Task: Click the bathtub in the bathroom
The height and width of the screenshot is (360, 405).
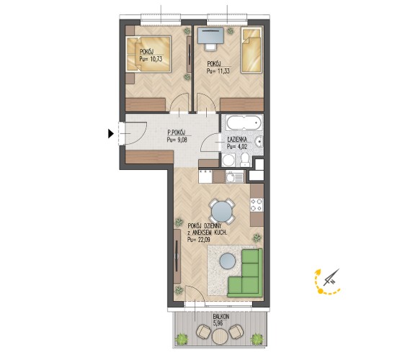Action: pyautogui.click(x=244, y=122)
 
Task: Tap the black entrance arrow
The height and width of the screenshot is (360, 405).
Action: pyautogui.click(x=111, y=134)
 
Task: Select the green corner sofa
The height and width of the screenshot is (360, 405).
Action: pyautogui.click(x=245, y=273)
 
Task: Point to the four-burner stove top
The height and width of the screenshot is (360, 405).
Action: pyautogui.click(x=257, y=204)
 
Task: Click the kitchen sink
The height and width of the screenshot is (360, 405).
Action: pyautogui.click(x=234, y=177)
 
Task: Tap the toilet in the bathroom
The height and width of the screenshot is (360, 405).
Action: pyautogui.click(x=244, y=160)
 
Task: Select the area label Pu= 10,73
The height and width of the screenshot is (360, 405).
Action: pyautogui.click(x=151, y=59)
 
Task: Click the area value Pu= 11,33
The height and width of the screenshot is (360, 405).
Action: pyautogui.click(x=218, y=71)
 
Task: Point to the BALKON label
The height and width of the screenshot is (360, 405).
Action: pyautogui.click(x=221, y=317)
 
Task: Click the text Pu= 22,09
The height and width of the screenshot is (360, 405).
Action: pyautogui.click(x=199, y=240)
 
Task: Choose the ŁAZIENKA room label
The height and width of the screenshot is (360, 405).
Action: pyautogui.click(x=237, y=140)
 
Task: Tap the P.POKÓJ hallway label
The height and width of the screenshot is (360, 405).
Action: pyautogui.click(x=177, y=133)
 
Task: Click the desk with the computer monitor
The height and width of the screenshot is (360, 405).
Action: pyautogui.click(x=210, y=36)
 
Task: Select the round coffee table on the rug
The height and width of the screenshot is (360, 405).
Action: pyautogui.click(x=227, y=261)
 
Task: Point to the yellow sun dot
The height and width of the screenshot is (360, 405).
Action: pyautogui.click(x=320, y=292)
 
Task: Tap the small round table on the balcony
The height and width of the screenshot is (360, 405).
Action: pyautogui.click(x=221, y=337)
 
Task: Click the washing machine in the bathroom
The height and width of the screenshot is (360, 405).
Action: pyautogui.click(x=229, y=160)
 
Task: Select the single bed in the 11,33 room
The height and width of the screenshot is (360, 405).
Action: pyautogui.click(x=251, y=50)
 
